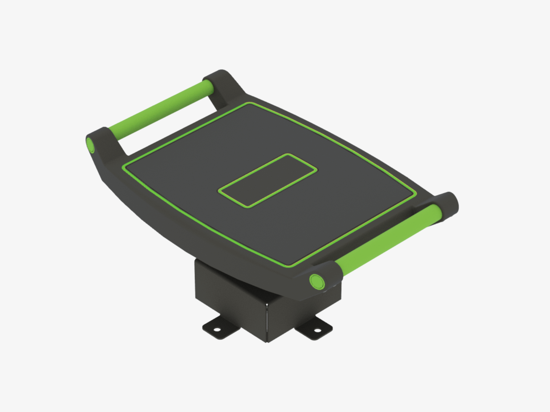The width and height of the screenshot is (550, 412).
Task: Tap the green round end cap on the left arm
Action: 90,145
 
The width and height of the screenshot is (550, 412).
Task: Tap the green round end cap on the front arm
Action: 317,282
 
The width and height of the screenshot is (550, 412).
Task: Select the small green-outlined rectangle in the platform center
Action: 268,180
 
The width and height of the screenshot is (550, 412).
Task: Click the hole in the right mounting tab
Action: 317,331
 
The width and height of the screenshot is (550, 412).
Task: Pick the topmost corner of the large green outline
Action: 248,103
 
